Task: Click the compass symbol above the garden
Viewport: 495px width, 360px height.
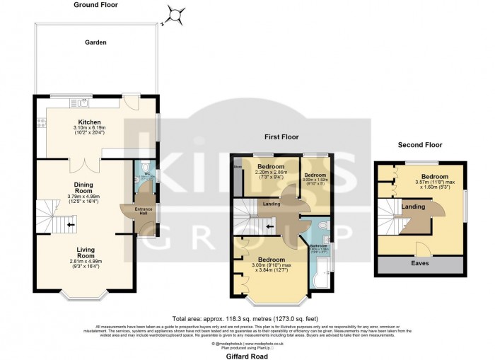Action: [174, 13]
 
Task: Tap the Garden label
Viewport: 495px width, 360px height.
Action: [96, 42]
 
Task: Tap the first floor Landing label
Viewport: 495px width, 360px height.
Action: [270, 205]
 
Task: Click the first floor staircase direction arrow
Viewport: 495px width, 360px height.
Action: [269, 226]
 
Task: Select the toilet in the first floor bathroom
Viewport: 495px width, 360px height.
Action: [322, 226]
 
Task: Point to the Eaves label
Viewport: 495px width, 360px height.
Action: [421, 263]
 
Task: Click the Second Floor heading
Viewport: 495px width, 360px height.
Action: [419, 144]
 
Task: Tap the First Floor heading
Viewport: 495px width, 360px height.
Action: [277, 137]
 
